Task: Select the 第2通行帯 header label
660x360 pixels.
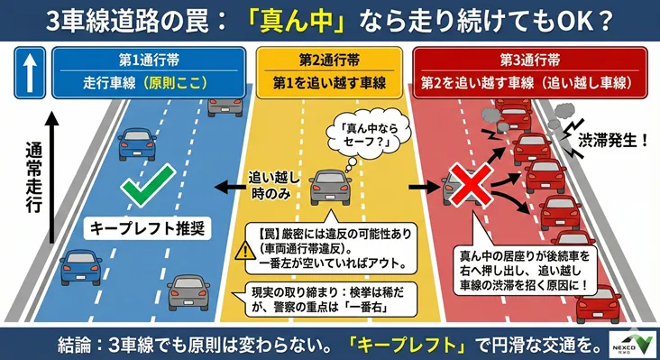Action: (x=329, y=60)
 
